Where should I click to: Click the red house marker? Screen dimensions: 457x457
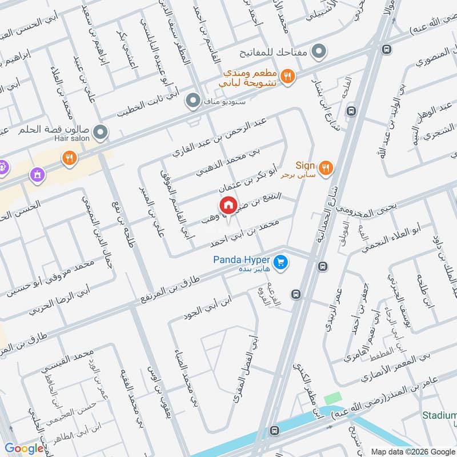click(228, 205)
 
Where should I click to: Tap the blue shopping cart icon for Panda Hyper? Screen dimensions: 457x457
click(280, 262)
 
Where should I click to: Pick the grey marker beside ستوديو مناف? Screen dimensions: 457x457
click(194, 101)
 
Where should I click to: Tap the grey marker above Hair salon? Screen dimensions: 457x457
click(101, 133)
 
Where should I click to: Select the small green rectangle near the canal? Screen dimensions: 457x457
click(331, 399)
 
